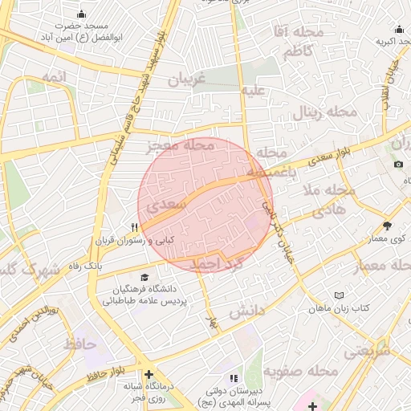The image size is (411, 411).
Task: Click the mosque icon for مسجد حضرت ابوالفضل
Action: (82, 14)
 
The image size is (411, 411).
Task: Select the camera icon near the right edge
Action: (399, 165)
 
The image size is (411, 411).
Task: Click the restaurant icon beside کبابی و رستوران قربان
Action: (136, 227)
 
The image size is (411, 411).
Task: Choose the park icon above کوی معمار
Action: (388, 226)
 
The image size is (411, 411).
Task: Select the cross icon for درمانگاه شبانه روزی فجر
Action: (149, 374)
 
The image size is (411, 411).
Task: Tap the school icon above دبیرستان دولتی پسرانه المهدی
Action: (234, 377)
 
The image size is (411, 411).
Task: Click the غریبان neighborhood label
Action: (187, 79)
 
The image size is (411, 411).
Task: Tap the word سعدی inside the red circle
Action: (169, 205)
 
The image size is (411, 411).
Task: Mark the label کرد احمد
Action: (214, 263)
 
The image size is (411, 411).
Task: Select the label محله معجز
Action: (181, 146)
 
